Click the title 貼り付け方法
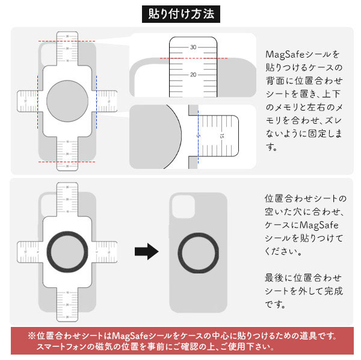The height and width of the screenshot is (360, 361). tap(180, 13)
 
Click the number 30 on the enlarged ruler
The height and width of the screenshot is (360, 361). tap(194, 47)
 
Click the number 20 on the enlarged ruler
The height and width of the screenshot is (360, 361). tap(194, 75)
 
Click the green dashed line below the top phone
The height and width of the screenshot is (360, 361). tap(67, 162)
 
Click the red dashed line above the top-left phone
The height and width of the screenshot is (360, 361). tap(67, 41)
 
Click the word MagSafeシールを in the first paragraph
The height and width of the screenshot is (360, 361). tap(294, 54)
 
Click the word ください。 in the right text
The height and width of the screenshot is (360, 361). tap(285, 251)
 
